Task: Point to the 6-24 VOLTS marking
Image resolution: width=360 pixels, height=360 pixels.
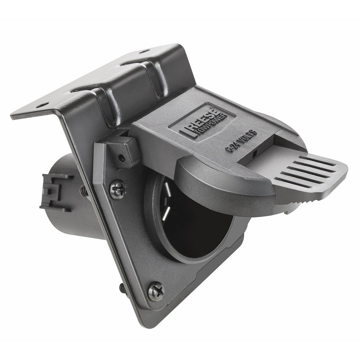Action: click(x=241, y=138)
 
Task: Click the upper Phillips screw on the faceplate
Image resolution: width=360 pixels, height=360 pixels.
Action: click(x=118, y=189)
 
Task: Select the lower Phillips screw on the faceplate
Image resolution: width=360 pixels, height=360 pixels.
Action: click(x=156, y=291)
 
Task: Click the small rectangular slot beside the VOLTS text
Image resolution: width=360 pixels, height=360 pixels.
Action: click(x=255, y=153)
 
